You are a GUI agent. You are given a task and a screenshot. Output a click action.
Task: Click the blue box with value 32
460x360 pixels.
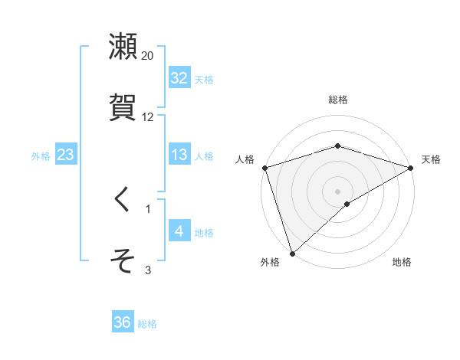179,78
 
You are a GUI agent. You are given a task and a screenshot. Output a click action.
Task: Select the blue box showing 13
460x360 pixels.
179,155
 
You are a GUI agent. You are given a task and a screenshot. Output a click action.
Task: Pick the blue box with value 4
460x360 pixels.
179,231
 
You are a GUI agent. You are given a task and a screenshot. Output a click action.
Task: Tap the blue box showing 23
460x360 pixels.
65,155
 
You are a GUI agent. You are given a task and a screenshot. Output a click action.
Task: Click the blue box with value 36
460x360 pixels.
122,322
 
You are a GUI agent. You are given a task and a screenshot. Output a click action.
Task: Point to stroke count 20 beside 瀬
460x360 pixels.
147,56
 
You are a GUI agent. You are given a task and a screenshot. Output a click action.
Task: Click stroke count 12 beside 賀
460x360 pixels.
147,117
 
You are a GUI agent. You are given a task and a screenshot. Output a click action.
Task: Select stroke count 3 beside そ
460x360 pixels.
148,270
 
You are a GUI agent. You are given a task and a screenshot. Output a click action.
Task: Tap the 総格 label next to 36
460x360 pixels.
147,324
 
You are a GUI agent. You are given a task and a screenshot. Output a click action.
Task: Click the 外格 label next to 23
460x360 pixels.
41,155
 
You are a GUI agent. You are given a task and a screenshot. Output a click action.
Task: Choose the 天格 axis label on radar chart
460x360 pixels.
431,159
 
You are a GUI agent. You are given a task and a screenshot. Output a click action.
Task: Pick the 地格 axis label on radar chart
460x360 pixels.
402,263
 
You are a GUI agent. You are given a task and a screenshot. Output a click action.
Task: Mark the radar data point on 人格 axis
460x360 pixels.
264,168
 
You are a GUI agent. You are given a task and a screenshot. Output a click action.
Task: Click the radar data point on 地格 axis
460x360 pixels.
347,204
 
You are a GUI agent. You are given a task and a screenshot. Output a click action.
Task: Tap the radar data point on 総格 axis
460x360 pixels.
337,146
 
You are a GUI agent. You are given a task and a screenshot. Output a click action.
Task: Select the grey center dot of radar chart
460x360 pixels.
337,191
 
